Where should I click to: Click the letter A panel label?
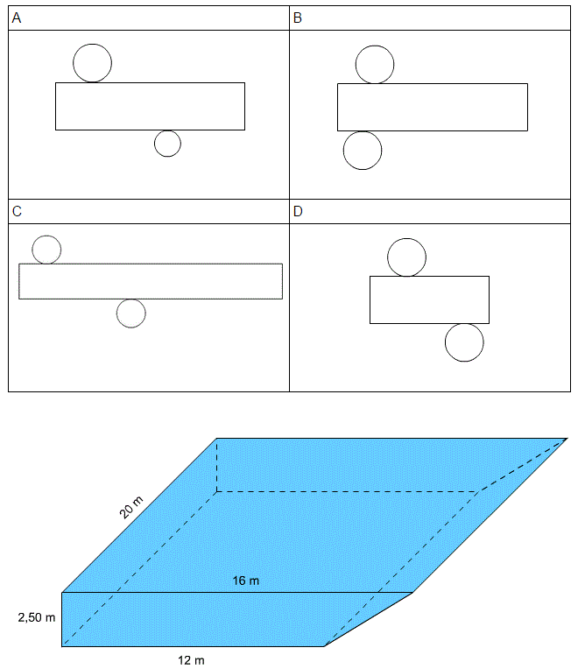[17, 18]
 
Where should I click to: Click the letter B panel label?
[298, 18]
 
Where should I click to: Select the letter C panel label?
[17, 211]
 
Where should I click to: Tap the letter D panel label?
[298, 211]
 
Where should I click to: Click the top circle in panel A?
[74, 63]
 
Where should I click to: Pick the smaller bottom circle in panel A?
[154, 144]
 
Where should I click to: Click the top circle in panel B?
[356, 65]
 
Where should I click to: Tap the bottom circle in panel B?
[343, 151]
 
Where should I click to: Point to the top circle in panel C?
[32, 250]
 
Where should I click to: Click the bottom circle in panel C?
[116, 313]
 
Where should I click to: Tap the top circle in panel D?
[388, 257]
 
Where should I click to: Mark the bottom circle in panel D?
[446, 342]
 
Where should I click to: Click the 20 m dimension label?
[131, 507]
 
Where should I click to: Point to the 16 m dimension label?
[246, 581]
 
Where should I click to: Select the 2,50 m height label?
[37, 617]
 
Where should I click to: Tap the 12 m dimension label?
[191, 660]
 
